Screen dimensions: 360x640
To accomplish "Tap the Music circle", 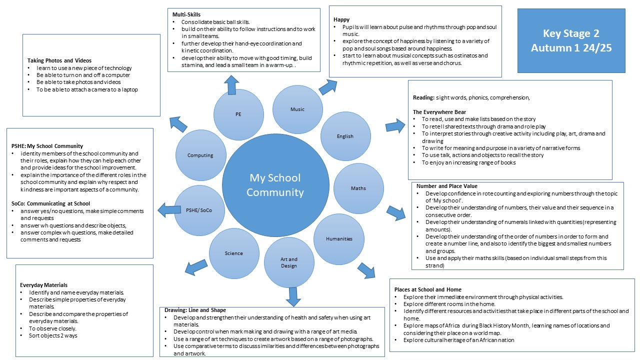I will (x=297, y=109).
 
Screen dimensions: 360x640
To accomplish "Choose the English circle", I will (x=345, y=136).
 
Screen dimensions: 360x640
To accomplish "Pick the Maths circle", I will (x=358, y=188).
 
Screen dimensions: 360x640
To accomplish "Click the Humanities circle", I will (x=339, y=238).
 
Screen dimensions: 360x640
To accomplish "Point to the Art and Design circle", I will (x=288, y=262).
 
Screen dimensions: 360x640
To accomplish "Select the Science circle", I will (x=233, y=253).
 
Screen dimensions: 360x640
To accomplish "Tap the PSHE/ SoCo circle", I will (x=198, y=210).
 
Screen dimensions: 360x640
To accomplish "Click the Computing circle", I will (x=200, y=155).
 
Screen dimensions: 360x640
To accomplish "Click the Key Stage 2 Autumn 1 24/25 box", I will (x=571, y=41).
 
